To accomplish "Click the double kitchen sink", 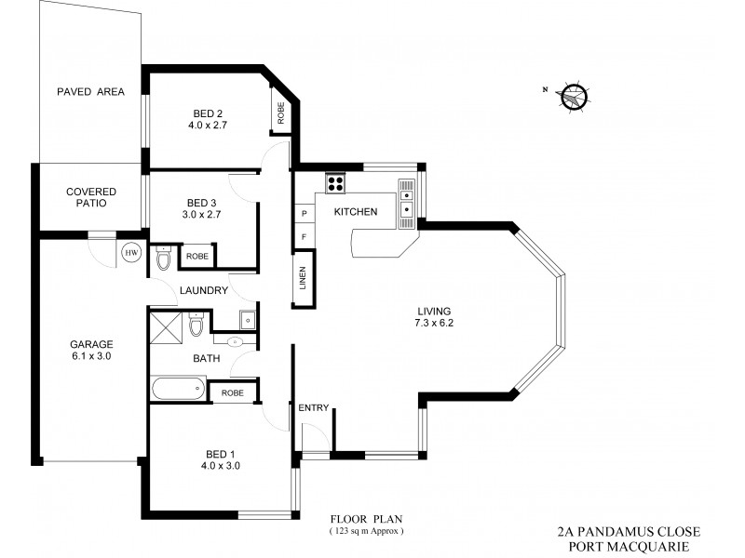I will click(407, 203).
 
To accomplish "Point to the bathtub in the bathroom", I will click(178, 388).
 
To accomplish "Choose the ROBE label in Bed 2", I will click(280, 114).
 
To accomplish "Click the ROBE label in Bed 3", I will click(196, 256).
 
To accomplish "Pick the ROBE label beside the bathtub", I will click(232, 393).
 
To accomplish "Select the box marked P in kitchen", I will click(304, 214).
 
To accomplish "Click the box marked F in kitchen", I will click(304, 237).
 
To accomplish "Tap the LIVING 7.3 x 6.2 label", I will click(434, 317).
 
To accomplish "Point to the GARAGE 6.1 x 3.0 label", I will click(91, 349).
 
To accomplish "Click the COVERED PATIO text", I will click(91, 198).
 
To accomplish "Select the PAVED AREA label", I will click(90, 91).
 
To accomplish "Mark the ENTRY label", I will click(314, 407).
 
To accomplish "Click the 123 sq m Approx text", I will click(368, 531).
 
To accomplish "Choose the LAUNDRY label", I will click(204, 290).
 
